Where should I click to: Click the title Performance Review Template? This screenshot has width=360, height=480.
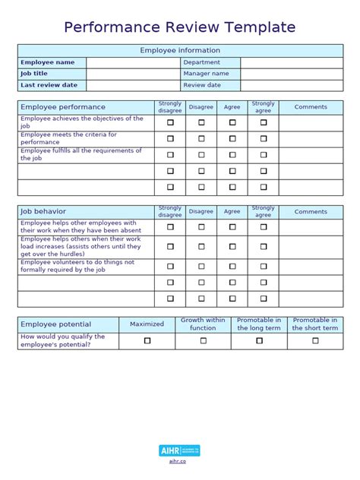coord(179,27)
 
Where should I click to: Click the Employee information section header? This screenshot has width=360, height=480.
coord(180,50)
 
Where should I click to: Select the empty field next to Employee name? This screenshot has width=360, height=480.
coord(132,62)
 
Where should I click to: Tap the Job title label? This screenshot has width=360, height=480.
coord(34,74)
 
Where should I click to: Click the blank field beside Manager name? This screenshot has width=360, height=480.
coord(292,74)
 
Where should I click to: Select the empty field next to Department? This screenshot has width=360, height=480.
coord(292,62)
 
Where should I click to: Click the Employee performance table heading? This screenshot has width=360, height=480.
coord(63,107)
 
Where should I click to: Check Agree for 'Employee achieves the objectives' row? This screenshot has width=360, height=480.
coord(232,122)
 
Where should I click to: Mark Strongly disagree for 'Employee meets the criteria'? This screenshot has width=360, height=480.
coord(170,138)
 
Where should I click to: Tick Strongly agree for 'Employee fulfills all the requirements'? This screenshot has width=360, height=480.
coord(264,155)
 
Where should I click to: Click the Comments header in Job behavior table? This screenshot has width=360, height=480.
coord(311,212)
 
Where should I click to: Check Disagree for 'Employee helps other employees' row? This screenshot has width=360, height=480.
coord(201,227)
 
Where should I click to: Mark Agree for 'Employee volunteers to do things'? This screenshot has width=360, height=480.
coord(232,267)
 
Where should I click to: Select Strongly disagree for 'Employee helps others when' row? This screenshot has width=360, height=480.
coord(170,247)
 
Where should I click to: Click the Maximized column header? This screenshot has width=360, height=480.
coord(147,324)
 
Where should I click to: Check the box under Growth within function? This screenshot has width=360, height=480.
coord(203,341)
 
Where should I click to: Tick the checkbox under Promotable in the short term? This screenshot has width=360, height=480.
coord(315,341)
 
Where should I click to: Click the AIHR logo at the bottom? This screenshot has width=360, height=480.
coord(180,451)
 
